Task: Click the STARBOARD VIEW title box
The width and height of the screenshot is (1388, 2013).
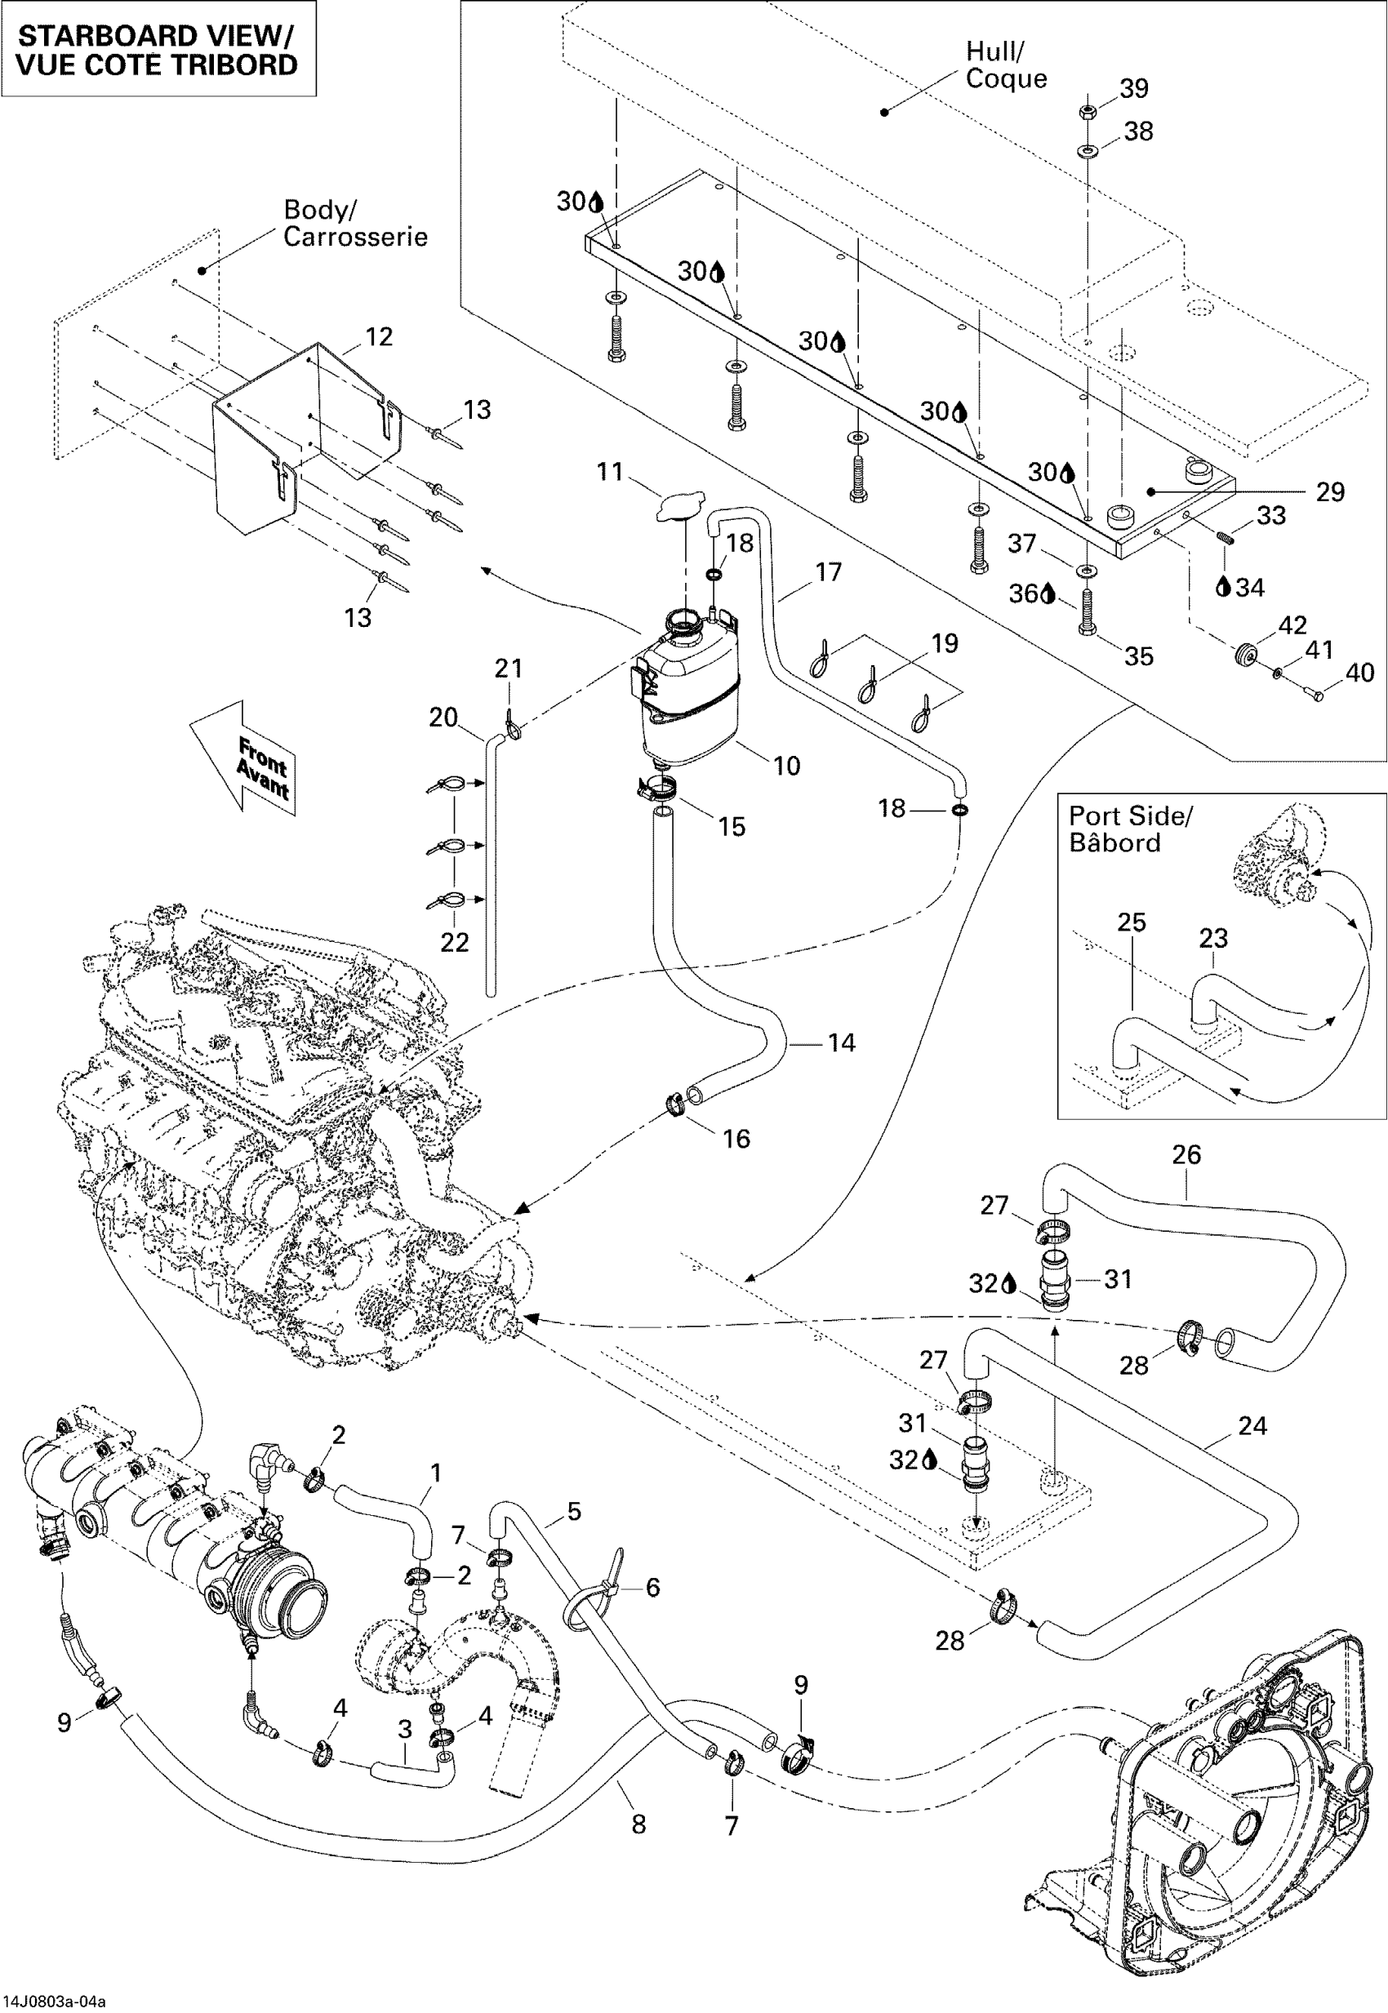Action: point(158,49)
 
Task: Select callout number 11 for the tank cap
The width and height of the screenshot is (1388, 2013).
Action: point(611,471)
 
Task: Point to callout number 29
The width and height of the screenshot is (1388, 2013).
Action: point(1330,492)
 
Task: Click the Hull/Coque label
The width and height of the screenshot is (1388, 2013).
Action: point(1006,64)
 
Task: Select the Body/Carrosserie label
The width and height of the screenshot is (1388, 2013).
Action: point(356,223)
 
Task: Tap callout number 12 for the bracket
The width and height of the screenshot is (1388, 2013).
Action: point(378,336)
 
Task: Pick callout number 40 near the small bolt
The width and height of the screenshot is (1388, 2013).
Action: point(1360,672)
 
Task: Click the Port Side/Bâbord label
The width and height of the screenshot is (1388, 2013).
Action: point(1131,829)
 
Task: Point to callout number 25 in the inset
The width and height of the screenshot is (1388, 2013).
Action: point(1132,922)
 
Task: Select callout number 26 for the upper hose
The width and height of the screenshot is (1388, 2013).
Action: point(1186,1155)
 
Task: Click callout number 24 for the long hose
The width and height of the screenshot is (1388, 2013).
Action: point(1252,1425)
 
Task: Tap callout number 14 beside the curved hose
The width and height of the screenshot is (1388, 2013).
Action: point(841,1042)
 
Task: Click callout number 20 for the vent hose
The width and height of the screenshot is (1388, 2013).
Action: point(443,718)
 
